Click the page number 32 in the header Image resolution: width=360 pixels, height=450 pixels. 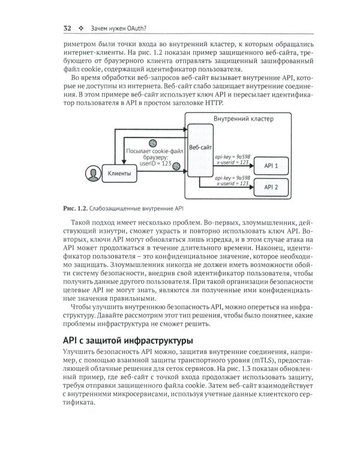[x=67, y=28]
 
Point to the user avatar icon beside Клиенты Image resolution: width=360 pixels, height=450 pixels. [x=92, y=173]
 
